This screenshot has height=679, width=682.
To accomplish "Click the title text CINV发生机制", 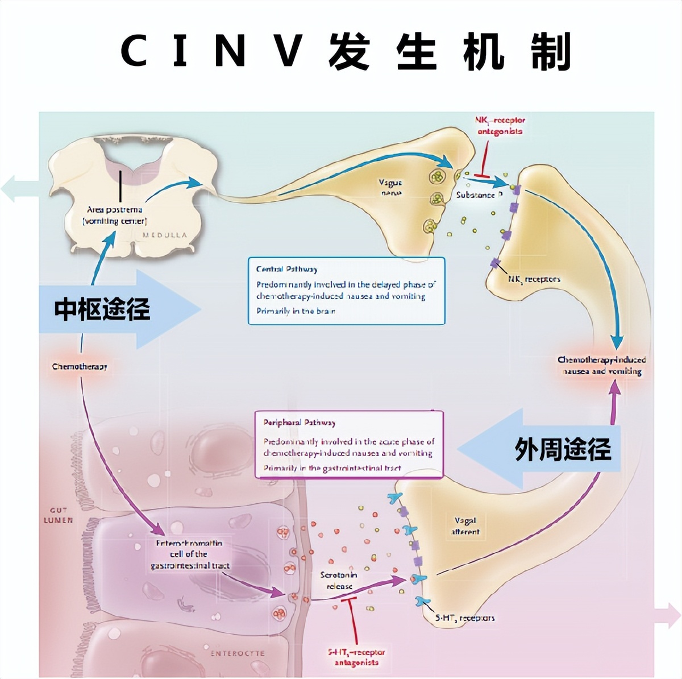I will click(x=346, y=51).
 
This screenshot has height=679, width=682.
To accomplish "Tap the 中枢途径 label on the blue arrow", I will click(x=102, y=309).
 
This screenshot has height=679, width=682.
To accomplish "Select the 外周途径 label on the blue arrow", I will click(x=563, y=449).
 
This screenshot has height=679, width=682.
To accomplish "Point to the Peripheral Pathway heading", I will click(x=299, y=423).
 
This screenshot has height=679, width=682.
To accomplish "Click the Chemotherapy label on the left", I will click(x=80, y=366).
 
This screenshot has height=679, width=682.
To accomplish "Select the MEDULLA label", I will click(x=164, y=235).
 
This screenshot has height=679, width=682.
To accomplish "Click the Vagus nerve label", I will click(x=390, y=188).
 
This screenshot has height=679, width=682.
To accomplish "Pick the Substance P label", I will click(x=479, y=194).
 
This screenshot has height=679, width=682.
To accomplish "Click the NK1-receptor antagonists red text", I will click(x=500, y=126).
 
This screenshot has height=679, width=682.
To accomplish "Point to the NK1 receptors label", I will click(x=534, y=279).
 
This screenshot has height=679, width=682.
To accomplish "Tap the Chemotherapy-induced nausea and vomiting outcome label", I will click(x=602, y=365).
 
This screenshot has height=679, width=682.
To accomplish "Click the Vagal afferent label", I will click(x=465, y=526).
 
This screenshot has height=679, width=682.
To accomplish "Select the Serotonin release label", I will click(x=339, y=580).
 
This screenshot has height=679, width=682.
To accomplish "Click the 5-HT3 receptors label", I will click(x=465, y=618).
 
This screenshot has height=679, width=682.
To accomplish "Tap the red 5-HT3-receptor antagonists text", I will click(x=356, y=657).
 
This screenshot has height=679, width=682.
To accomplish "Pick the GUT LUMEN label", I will click(x=58, y=515).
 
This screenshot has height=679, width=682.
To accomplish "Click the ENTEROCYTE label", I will click(x=238, y=653).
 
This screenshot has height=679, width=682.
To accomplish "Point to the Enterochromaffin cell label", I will click(x=189, y=554).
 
